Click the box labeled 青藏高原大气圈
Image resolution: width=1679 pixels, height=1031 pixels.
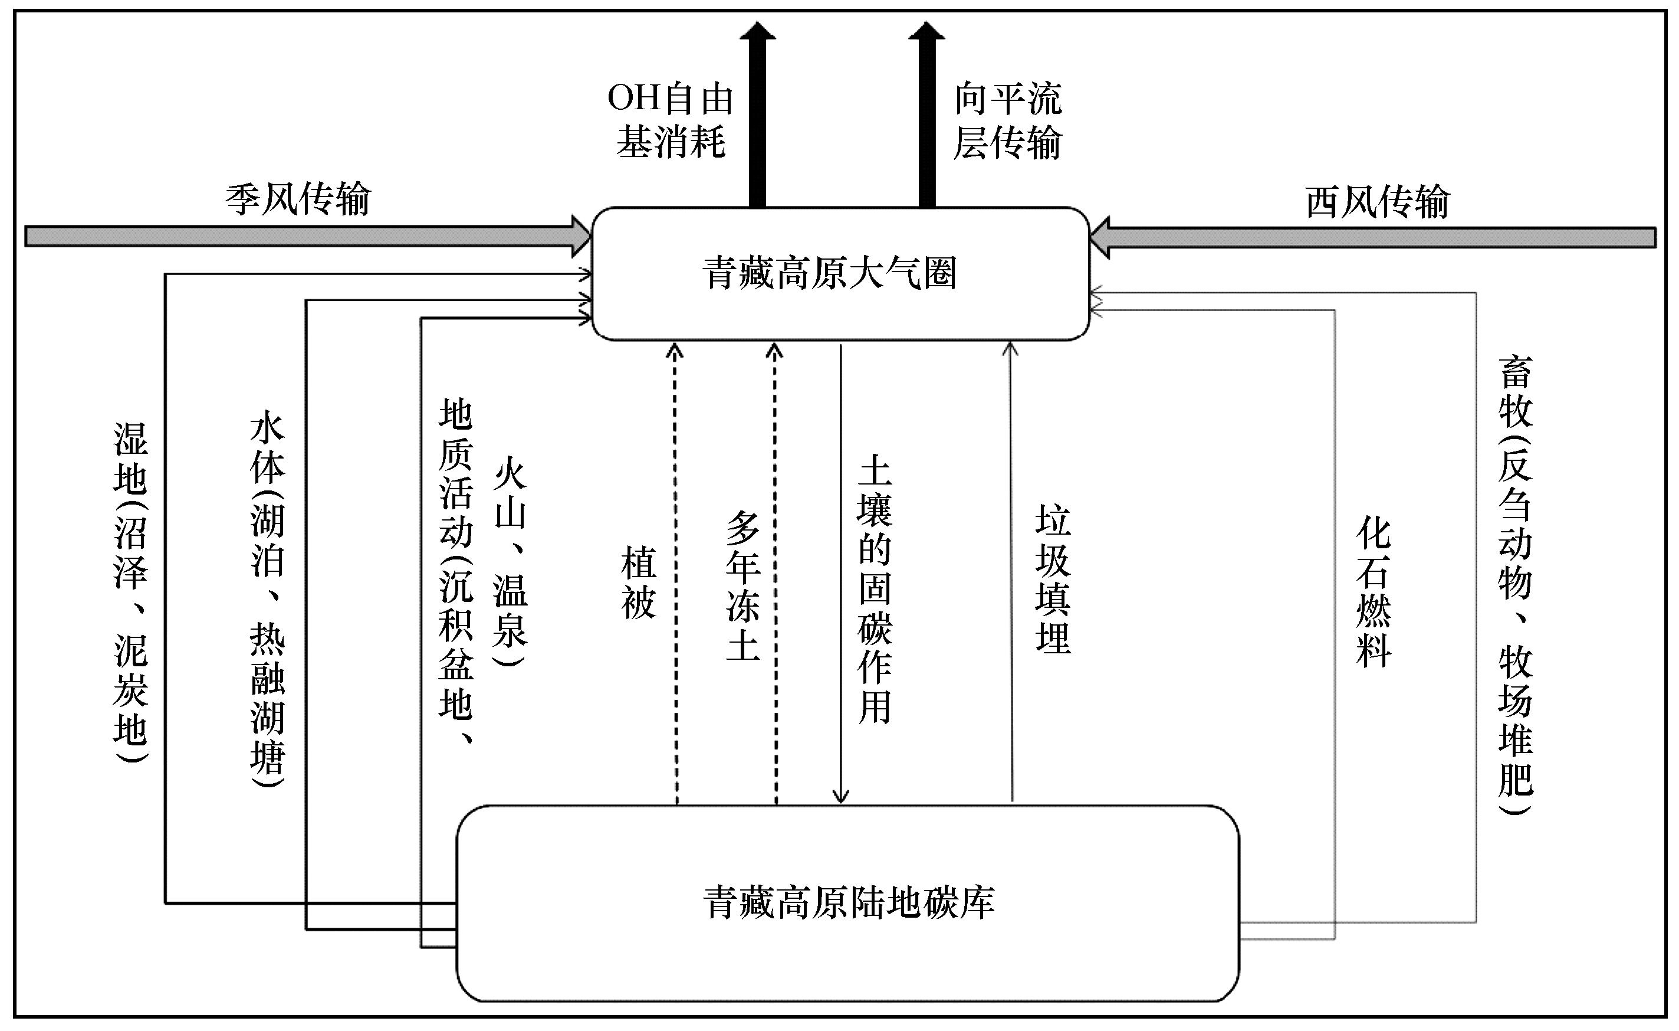840,273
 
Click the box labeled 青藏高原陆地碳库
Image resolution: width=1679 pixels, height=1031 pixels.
847,904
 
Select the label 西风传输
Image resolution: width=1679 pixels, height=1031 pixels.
1377,202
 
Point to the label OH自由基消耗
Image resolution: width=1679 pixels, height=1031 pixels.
670,120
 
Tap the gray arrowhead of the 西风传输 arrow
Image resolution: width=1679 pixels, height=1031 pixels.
1100,237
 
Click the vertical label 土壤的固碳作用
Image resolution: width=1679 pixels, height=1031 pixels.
875,589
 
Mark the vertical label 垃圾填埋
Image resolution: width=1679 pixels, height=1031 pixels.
1053,578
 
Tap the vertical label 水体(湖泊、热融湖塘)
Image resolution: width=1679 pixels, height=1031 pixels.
267,600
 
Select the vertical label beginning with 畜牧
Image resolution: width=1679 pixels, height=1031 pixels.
1516,585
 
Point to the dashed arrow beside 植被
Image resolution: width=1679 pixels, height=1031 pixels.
675,574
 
